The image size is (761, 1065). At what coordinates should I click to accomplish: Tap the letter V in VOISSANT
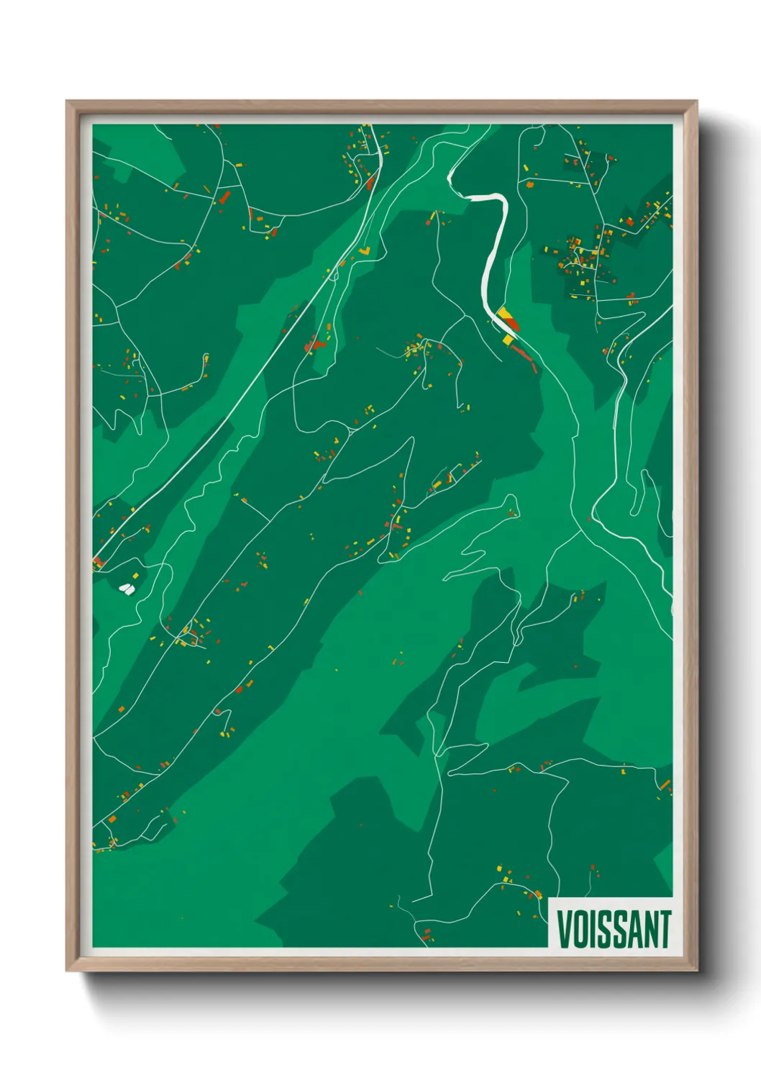click(562, 929)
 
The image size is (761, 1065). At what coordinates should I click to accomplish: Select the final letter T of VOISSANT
click(665, 929)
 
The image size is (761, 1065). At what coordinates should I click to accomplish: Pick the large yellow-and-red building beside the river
click(507, 318)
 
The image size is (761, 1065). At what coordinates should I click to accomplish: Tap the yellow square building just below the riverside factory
click(508, 339)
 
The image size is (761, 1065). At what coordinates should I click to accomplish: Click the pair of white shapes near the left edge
click(127, 589)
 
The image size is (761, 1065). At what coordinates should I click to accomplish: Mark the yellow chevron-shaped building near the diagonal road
click(366, 251)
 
